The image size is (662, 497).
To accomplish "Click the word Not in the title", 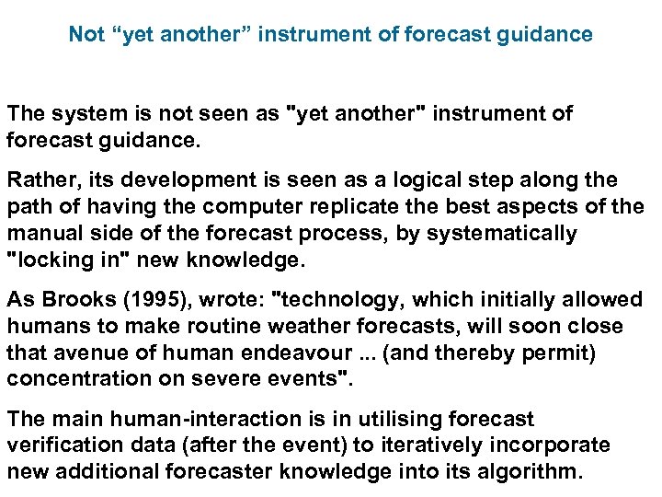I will [x=86, y=35].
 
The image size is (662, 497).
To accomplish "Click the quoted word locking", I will [x=55, y=260].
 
